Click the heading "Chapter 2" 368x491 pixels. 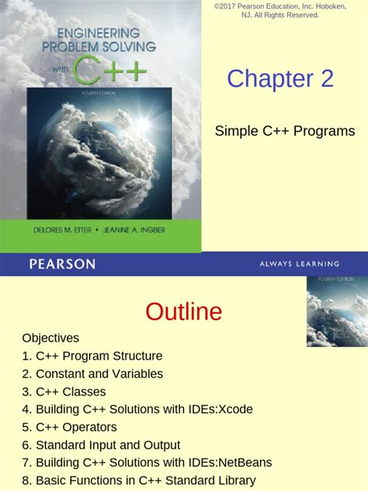(x=280, y=78)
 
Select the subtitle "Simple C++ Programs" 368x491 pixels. (x=285, y=131)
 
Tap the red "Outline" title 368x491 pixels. (x=183, y=312)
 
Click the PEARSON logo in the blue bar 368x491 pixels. (x=62, y=264)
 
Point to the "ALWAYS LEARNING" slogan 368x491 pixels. (x=299, y=264)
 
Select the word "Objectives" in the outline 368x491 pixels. (x=50, y=338)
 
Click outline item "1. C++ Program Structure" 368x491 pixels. (x=92, y=356)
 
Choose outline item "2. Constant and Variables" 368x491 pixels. (x=92, y=374)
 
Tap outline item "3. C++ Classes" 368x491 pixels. (x=64, y=392)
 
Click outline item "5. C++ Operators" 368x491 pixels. (x=69, y=427)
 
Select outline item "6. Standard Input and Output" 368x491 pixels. (x=101, y=445)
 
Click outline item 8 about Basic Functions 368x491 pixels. (x=138, y=481)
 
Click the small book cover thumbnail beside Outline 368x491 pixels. (x=337, y=311)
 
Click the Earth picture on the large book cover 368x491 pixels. (x=99, y=155)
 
